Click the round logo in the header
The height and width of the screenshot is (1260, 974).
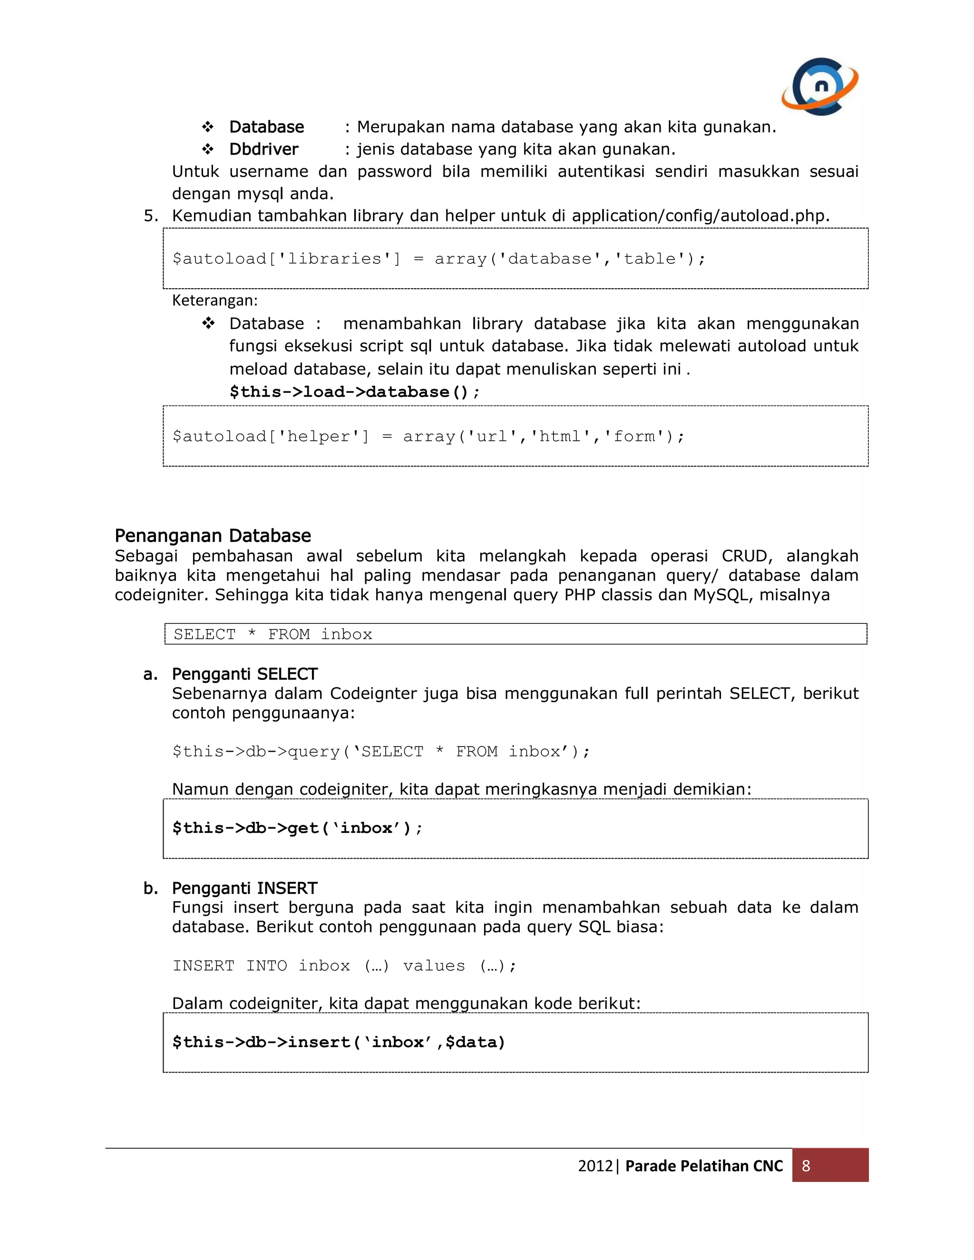point(820,86)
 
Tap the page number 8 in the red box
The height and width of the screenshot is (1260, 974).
point(806,1165)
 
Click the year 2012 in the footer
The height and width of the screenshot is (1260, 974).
point(595,1166)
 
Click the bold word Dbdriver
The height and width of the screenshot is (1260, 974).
point(263,149)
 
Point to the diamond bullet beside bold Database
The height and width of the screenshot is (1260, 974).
point(208,127)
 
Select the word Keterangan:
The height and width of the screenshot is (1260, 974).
point(214,300)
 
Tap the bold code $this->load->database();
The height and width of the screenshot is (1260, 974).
point(354,392)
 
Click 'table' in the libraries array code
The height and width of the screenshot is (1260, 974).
point(649,259)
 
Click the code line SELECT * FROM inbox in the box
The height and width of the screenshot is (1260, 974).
point(273,634)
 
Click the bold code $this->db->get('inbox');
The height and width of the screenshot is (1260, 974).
point(297,828)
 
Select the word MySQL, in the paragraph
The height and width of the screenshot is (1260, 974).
point(723,595)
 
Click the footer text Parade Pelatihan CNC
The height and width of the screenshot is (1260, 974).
point(704,1166)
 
